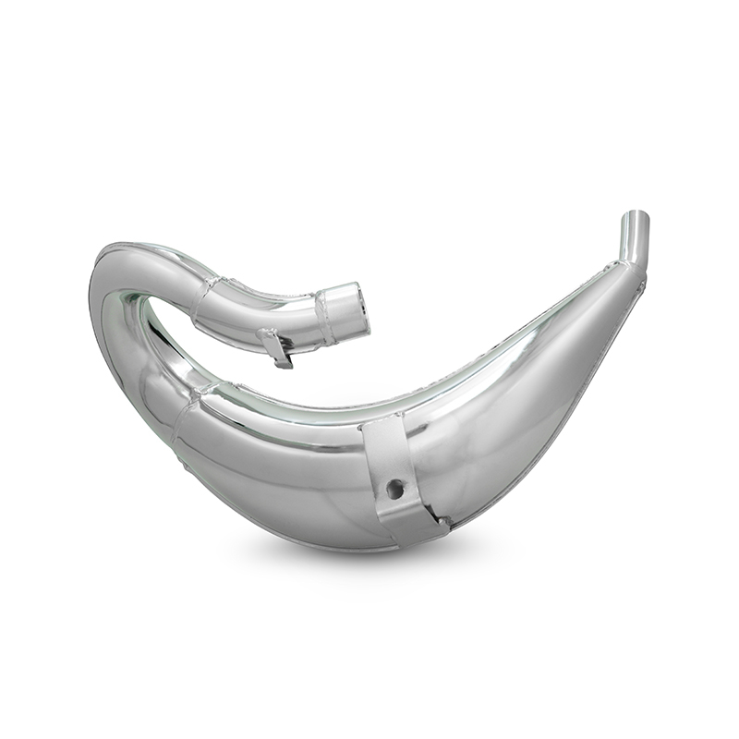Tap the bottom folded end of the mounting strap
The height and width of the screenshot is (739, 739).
coord(420,531)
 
